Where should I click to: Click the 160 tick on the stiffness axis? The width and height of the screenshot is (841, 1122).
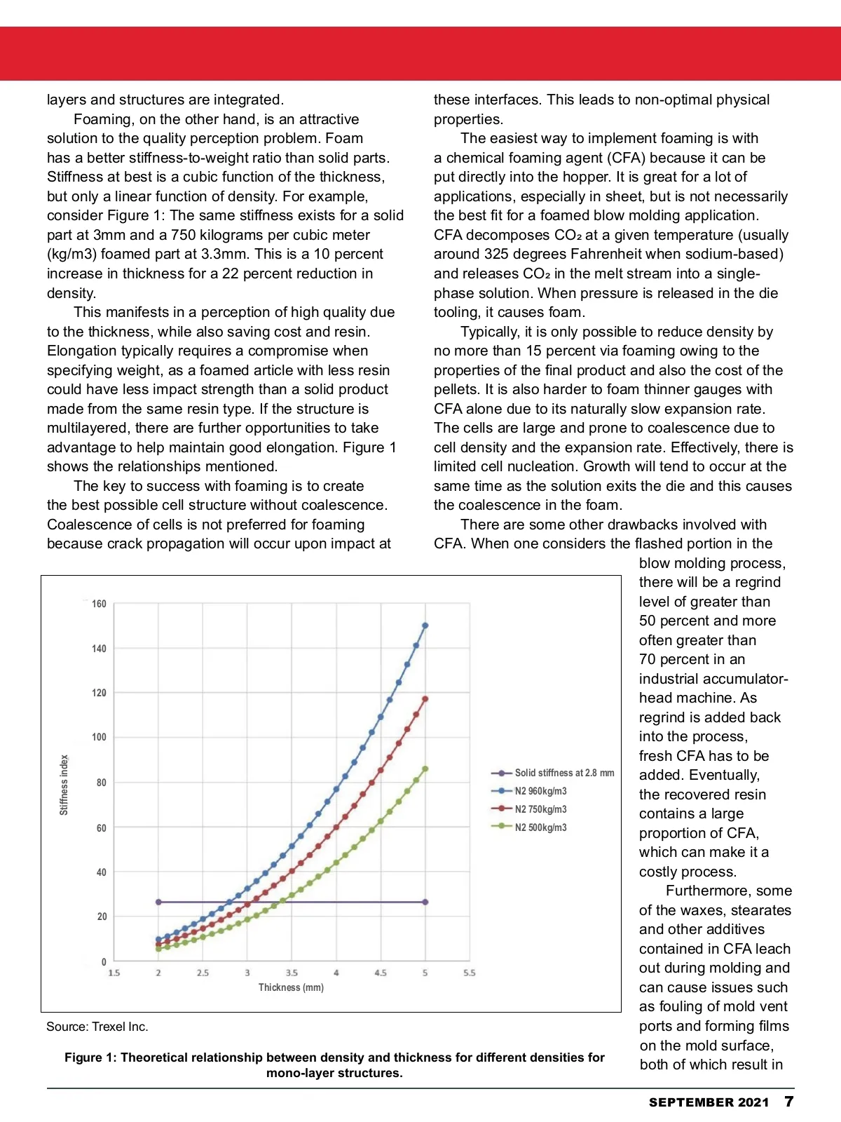click(99, 604)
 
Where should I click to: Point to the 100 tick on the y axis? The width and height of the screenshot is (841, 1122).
click(99, 737)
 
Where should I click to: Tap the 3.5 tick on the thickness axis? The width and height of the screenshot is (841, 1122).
click(292, 973)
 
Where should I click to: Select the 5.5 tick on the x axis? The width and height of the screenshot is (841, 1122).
click(470, 973)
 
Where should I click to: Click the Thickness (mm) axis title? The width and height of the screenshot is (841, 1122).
click(291, 987)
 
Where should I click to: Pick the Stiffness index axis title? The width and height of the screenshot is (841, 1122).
click(64, 785)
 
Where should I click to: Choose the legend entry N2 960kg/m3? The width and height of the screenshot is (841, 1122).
click(540, 791)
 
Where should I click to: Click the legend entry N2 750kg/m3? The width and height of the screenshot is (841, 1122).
click(540, 809)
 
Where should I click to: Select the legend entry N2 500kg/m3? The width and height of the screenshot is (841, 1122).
click(540, 827)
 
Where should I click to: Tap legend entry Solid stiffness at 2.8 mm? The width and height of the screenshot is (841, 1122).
click(564, 773)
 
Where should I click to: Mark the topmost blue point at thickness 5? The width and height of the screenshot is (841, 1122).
click(425, 626)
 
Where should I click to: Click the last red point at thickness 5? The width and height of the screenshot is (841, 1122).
click(425, 699)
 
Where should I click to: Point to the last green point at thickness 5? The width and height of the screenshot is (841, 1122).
click(425, 769)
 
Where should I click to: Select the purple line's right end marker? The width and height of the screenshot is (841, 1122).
click(425, 902)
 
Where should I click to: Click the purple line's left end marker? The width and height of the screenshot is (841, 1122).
click(158, 902)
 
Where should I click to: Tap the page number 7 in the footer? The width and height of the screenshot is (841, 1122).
click(789, 1102)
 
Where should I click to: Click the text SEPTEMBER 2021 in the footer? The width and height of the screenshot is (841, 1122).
click(709, 1102)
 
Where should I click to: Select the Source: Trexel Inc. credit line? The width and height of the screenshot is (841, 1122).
click(97, 1027)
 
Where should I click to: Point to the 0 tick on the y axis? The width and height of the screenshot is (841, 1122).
click(104, 962)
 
